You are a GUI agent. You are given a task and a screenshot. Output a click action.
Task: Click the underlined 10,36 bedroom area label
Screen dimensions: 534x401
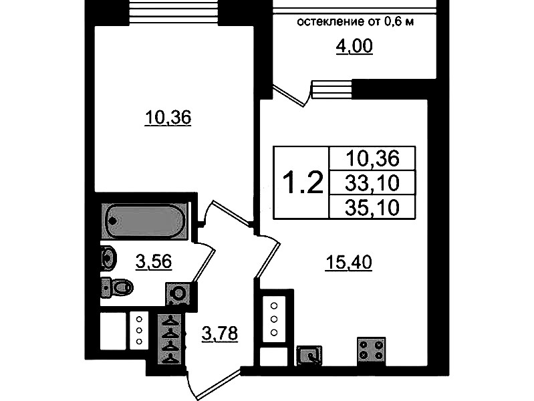[168, 118]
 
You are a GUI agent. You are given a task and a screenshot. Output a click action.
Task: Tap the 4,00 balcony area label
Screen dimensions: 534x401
[354, 46]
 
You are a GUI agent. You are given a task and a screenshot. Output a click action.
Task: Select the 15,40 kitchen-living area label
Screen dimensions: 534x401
[349, 263]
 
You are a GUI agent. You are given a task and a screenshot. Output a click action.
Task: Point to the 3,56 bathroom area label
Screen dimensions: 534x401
[153, 262]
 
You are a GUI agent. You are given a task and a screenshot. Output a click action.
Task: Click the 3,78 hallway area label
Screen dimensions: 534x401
[220, 333]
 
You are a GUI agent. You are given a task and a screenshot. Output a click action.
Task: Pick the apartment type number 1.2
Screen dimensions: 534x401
[302, 182]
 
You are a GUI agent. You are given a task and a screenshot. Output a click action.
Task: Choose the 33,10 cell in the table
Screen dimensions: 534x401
[372, 183]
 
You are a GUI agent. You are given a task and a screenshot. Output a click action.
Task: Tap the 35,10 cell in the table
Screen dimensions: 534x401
[372, 207]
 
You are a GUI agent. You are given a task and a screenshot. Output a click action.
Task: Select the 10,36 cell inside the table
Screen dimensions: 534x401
[372, 158]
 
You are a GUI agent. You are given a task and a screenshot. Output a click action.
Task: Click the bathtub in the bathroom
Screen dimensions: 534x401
[145, 221]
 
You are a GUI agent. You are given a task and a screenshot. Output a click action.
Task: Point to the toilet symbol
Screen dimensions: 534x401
[117, 287]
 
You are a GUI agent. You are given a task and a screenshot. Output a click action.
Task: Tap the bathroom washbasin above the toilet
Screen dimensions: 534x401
[109, 258]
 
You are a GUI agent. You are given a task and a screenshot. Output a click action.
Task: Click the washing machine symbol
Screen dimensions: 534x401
[178, 293]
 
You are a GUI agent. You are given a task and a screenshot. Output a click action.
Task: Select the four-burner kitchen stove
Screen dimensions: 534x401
[371, 351]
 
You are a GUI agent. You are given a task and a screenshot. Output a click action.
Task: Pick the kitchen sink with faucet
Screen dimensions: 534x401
[309, 355]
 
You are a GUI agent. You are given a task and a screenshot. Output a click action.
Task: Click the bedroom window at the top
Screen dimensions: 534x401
[173, 12]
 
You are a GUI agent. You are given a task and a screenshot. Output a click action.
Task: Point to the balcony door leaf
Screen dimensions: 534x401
[289, 96]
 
